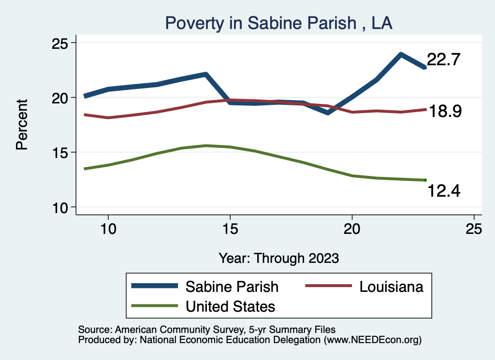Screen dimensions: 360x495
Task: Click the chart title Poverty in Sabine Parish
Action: click(278, 23)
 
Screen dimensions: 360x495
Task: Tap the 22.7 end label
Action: click(443, 60)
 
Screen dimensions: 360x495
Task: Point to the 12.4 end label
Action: click(444, 191)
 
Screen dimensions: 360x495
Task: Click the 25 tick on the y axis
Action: click(61, 43)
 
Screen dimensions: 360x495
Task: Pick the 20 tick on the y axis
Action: click(61, 98)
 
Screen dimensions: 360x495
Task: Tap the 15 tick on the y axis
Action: click(61, 153)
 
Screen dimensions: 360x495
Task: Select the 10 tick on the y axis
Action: click(61, 207)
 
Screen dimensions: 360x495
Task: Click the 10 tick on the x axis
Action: click(108, 229)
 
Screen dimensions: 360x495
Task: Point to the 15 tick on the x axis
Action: click(230, 229)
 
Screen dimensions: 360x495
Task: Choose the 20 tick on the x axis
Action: click(352, 229)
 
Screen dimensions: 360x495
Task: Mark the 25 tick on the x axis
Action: click(474, 229)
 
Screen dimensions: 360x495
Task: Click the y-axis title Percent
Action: click(22, 124)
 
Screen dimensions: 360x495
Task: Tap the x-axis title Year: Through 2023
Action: click(278, 258)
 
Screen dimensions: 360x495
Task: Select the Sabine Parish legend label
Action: click(232, 287)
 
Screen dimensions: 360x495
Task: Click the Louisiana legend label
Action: click(392, 287)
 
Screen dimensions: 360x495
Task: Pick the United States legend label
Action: click(230, 306)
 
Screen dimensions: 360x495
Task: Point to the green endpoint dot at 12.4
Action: click(425, 180)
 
